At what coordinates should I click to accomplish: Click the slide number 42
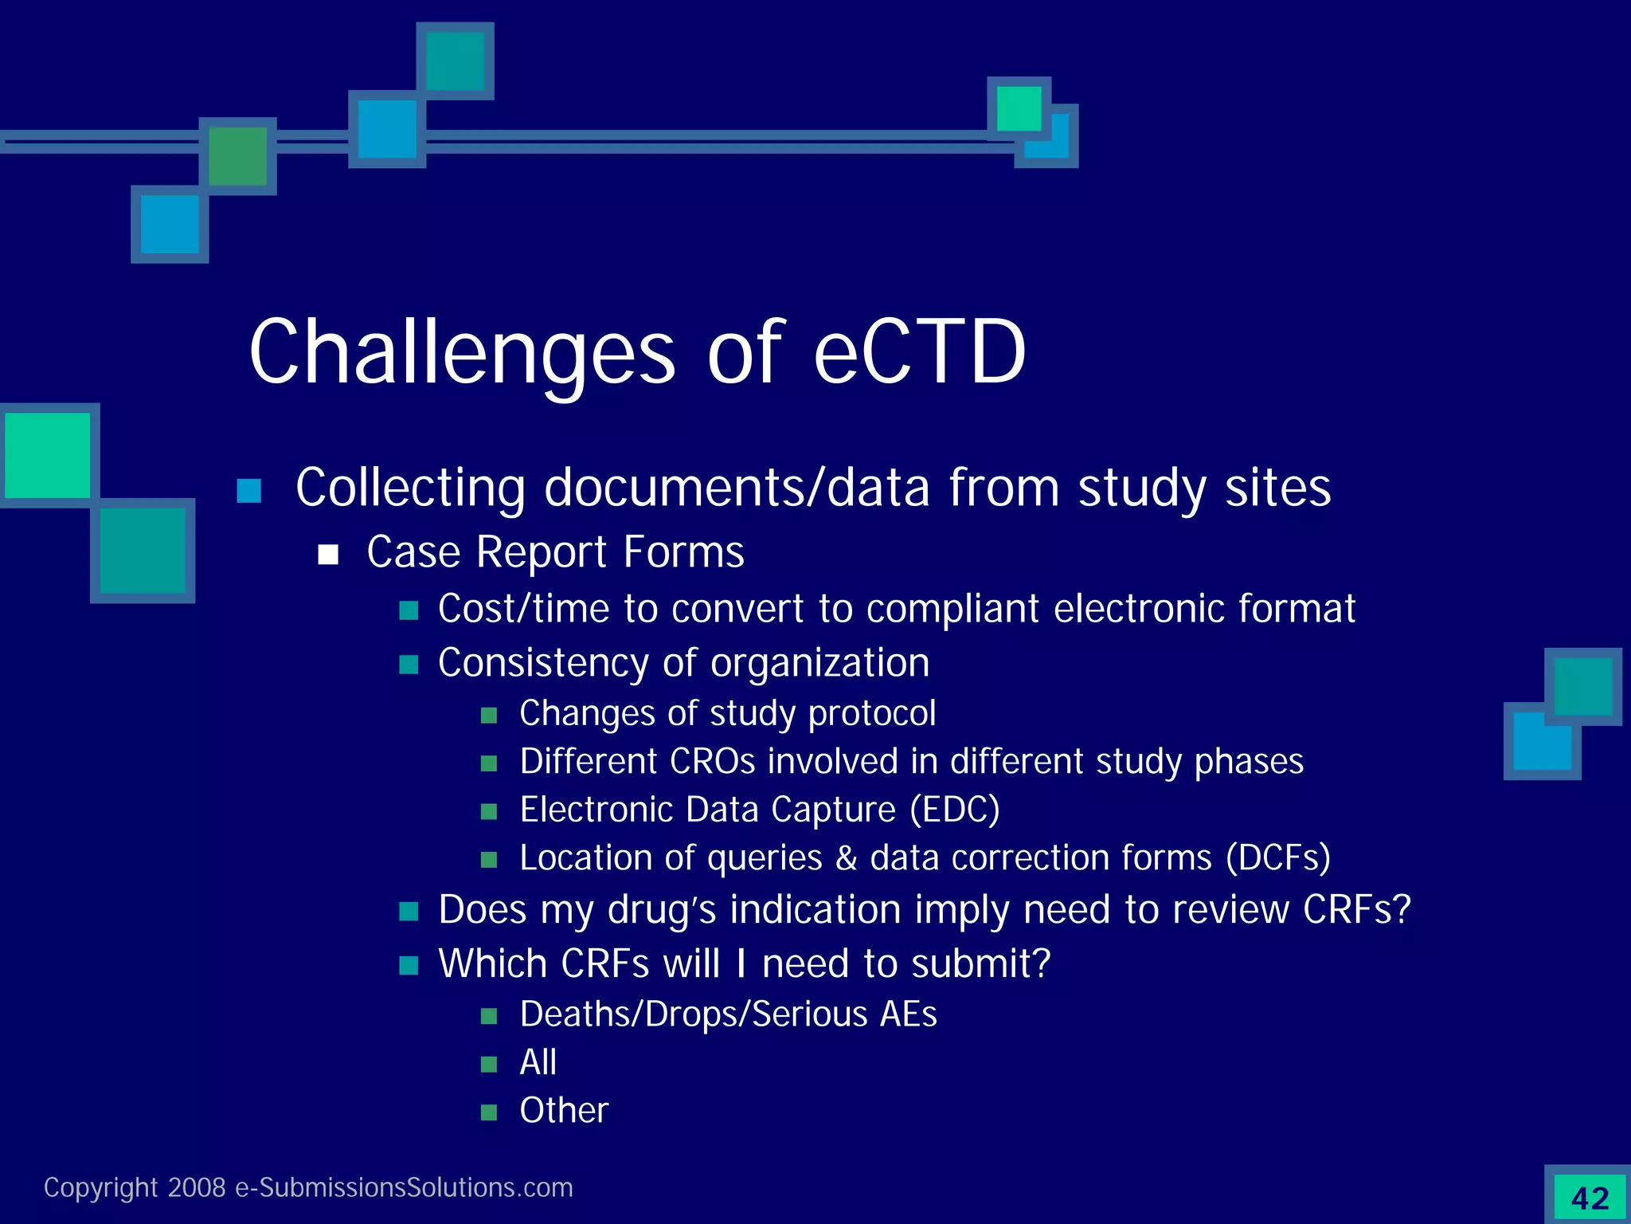pos(1590,1198)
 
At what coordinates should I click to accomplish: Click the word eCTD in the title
pos(919,352)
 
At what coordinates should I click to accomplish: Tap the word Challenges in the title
pos(462,352)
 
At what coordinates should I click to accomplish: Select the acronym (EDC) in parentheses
pos(954,810)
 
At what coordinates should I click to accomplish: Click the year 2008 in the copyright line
pos(197,1187)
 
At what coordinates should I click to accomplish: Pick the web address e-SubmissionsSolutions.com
pos(404,1187)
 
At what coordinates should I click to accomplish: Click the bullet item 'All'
pos(538,1062)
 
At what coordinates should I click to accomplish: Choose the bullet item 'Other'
pos(564,1110)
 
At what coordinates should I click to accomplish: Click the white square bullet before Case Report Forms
pos(328,555)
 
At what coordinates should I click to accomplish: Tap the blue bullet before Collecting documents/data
pos(249,491)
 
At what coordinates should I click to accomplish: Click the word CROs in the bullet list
pos(712,762)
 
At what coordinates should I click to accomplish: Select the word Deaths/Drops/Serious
pos(693,1014)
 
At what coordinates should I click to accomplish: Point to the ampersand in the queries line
pos(846,858)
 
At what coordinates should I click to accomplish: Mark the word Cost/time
pos(524,609)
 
